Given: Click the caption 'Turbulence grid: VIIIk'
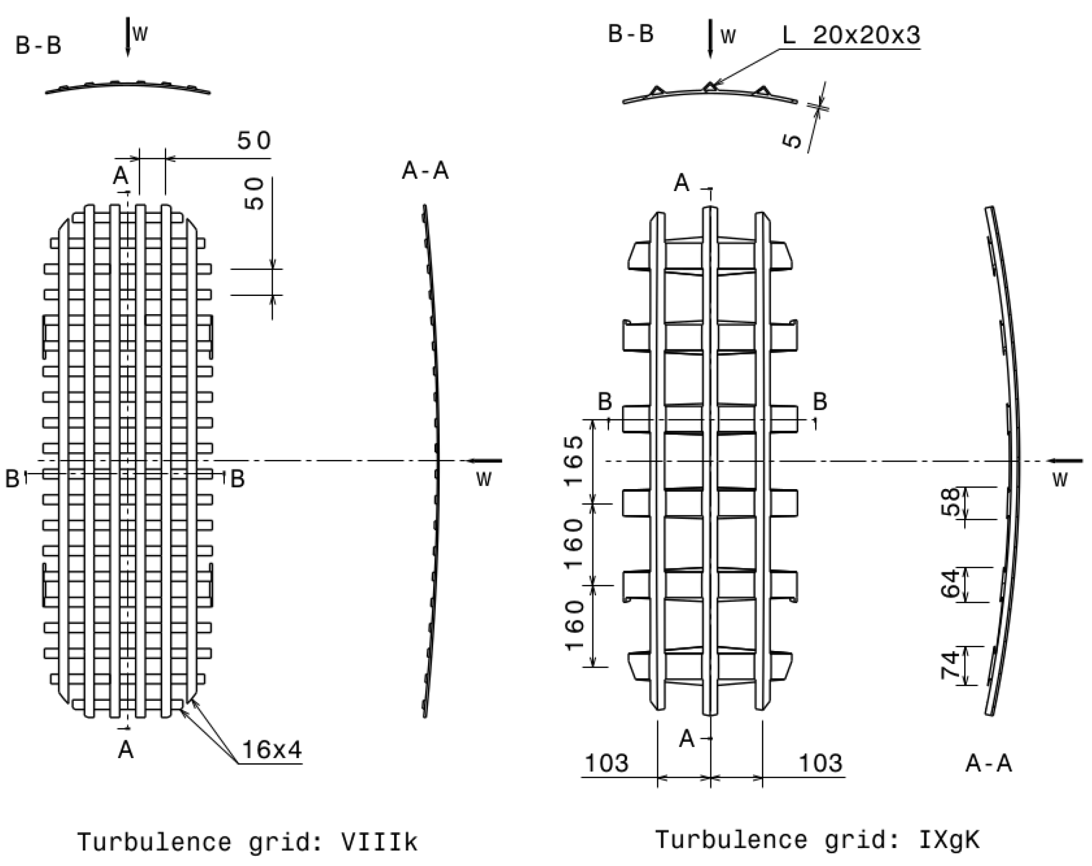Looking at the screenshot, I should click(247, 842).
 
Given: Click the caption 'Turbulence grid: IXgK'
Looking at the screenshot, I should click(817, 840).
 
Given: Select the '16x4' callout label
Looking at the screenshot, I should click(272, 750).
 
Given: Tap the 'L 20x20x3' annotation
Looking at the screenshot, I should click(851, 35).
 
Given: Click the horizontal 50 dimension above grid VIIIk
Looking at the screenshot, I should click(254, 141).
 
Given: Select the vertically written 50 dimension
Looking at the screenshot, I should click(254, 194).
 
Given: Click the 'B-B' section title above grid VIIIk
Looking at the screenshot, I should click(38, 45).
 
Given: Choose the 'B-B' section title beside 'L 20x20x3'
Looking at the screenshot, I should click(630, 34).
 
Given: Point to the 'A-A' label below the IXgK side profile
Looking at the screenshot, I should click(989, 764).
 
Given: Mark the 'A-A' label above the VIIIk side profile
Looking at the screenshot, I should click(425, 170).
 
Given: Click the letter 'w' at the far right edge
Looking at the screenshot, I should click(1059, 480).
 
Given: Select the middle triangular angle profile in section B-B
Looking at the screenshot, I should click(710, 87).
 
